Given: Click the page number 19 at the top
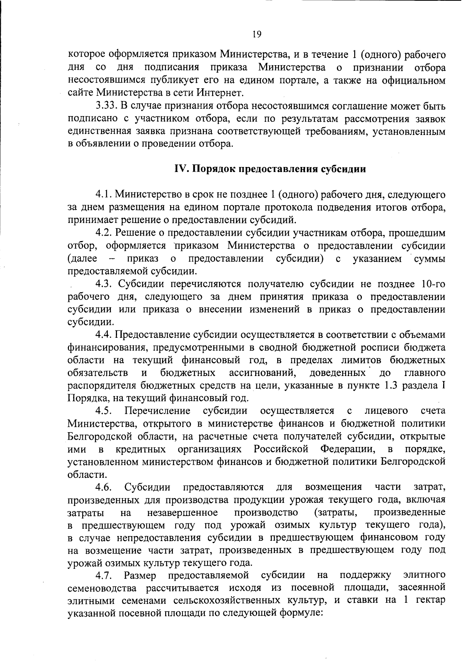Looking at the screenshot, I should pos(257,35).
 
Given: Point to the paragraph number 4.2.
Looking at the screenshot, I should pos(104,233).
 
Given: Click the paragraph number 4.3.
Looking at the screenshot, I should pos(104,284).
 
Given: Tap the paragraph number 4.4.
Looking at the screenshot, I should pos(104,335).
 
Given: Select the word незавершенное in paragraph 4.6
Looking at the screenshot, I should pos(182,513).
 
